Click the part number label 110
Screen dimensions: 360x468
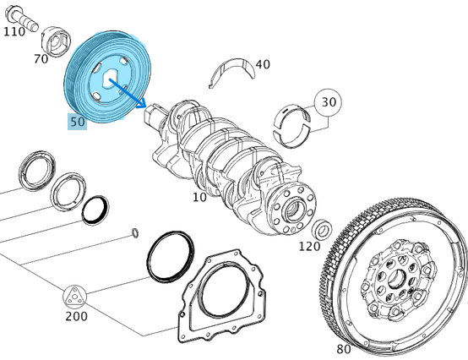[14, 31]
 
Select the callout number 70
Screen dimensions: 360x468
[41, 59]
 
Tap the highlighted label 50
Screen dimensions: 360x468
[77, 122]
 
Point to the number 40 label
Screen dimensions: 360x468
[263, 64]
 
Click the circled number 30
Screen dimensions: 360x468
[329, 102]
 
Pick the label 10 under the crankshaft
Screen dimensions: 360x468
[199, 197]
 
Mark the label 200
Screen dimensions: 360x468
[75, 316]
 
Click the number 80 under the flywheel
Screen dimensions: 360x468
[343, 348]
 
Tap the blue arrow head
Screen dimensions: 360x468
[141, 105]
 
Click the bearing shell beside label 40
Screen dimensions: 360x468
[231, 69]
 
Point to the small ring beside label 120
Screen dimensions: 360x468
[322, 229]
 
